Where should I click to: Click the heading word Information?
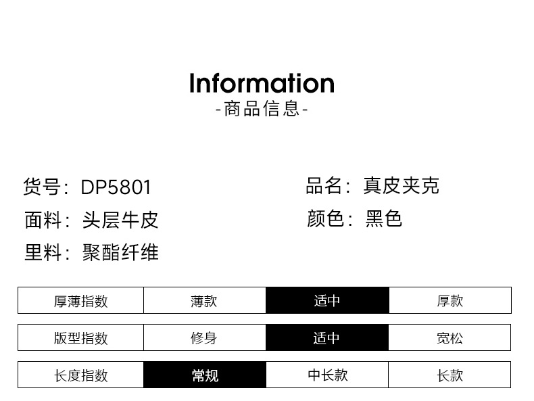click(x=262, y=83)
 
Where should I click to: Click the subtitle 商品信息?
click(x=262, y=108)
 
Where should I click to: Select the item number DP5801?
click(x=116, y=187)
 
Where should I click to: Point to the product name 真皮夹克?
click(x=401, y=186)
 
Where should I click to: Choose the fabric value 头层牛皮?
click(x=120, y=220)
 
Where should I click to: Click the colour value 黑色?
click(x=384, y=219)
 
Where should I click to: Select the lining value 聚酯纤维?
click(x=120, y=253)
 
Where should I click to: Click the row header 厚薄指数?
click(x=80, y=301)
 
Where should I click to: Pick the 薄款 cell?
click(x=204, y=301)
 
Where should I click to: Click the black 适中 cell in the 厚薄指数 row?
click(x=327, y=301)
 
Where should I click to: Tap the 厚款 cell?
click(x=450, y=301)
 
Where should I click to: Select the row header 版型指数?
click(x=80, y=338)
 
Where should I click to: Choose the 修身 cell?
click(x=204, y=338)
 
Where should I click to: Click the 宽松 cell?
click(x=450, y=338)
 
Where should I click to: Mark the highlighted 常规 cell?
click(x=204, y=375)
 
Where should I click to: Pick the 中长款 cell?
click(x=327, y=375)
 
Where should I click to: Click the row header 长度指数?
click(x=80, y=375)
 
